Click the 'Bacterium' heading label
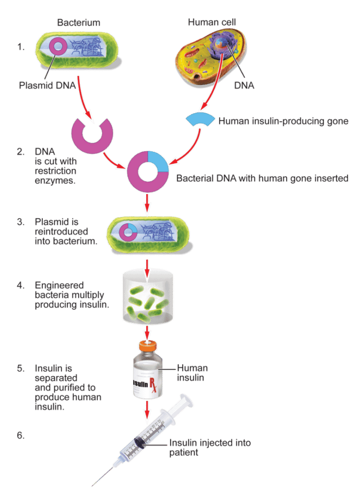(78, 22)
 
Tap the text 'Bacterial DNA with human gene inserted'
(262, 178)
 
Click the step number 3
(20, 222)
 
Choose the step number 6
(20, 435)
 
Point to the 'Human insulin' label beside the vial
(192, 372)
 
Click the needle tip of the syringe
(92, 485)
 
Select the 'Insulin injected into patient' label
(210, 447)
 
